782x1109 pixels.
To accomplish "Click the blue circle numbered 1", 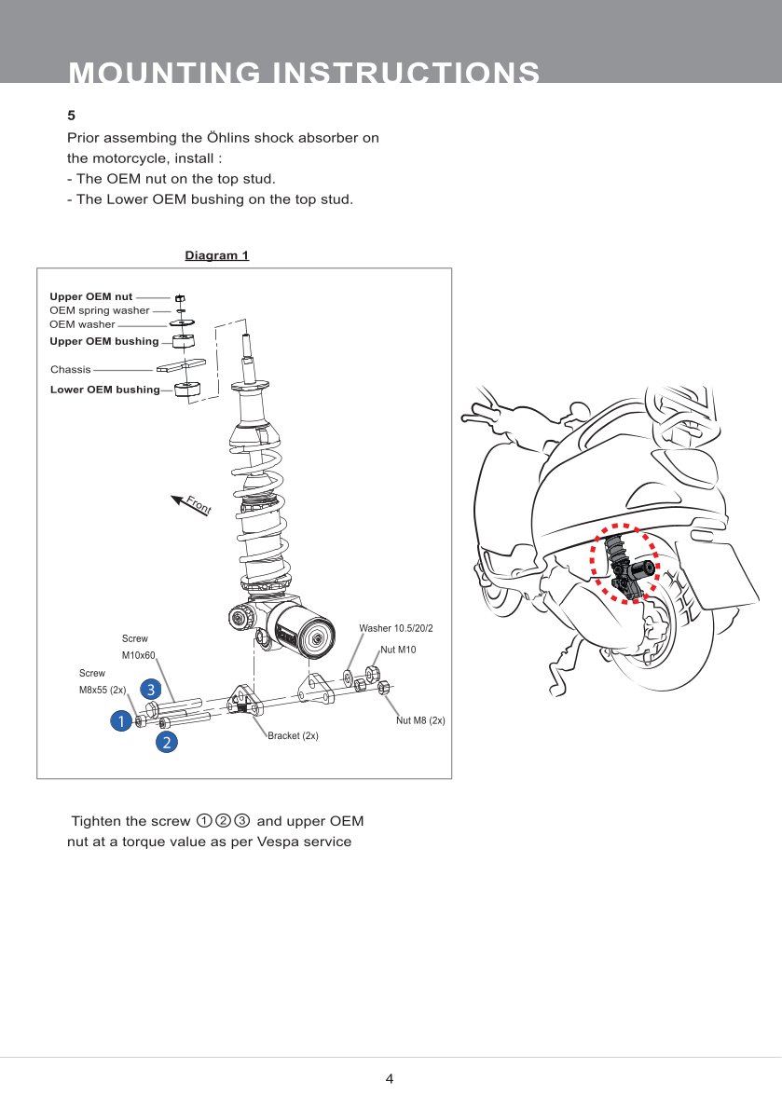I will [x=120, y=720].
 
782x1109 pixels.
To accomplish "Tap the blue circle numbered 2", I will [x=166, y=742].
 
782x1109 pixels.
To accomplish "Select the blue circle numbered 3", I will [x=150, y=690].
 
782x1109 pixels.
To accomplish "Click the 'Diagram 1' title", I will [x=216, y=255].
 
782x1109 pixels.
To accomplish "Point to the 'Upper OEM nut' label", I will [x=91, y=296].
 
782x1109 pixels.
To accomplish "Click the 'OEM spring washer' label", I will [x=99, y=310].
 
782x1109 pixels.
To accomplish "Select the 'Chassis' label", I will [x=71, y=370].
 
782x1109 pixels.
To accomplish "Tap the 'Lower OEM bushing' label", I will [x=104, y=390].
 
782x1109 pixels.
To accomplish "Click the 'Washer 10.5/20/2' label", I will [x=396, y=629].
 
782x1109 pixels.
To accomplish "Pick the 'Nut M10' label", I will [x=398, y=650].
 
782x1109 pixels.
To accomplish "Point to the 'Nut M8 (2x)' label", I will [x=420, y=720].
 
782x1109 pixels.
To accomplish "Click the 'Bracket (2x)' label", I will [x=293, y=735].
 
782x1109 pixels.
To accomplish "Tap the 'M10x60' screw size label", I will [x=138, y=656].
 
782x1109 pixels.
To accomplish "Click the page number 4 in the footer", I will [x=390, y=1079].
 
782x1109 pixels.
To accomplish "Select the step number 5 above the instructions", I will [x=71, y=116].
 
